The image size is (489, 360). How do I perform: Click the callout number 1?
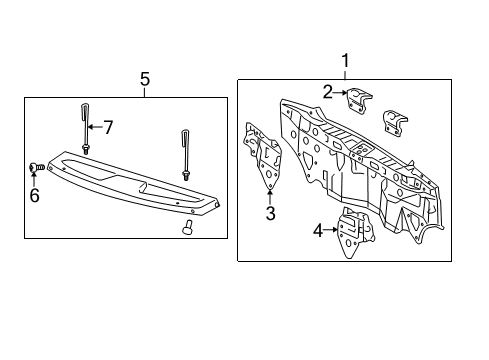pyautogui.click(x=346, y=61)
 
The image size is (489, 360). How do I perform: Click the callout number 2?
pyautogui.click(x=326, y=91)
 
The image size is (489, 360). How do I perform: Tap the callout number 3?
pyautogui.click(x=269, y=213)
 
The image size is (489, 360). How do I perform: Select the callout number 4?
pyautogui.click(x=318, y=232)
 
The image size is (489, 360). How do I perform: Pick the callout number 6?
pyautogui.click(x=34, y=195)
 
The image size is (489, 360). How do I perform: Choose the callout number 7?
pyautogui.click(x=109, y=127)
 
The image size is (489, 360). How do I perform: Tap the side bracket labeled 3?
pyautogui.click(x=262, y=155)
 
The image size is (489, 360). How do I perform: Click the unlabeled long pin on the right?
pyautogui.click(x=186, y=151)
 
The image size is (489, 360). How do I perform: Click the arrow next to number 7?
pyautogui.click(x=95, y=127)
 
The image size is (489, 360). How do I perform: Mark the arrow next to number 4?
pyautogui.click(x=332, y=232)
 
